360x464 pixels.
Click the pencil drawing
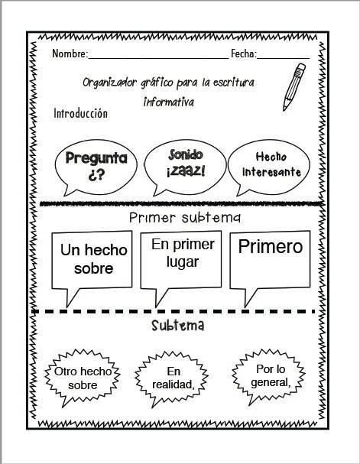pos(294,86)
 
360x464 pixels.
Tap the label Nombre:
pos(70,54)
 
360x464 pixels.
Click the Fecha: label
pos(244,54)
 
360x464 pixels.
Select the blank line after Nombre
pos(158,58)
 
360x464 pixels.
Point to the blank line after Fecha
pos(283,58)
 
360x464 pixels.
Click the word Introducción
pos(80,113)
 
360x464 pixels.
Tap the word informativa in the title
pos(169,102)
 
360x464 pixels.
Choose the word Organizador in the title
pos(109,83)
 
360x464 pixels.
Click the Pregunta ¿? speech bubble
pos(96,167)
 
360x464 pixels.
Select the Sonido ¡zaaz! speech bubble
pos(186,167)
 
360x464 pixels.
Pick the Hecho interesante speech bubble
pos(269,167)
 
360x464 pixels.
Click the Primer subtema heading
pos(185,218)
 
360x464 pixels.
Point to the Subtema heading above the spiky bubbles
pos(178,326)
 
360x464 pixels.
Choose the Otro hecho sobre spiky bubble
pos(83,378)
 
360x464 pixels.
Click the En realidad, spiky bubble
pos(171,379)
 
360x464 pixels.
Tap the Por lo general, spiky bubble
pos(268,377)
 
